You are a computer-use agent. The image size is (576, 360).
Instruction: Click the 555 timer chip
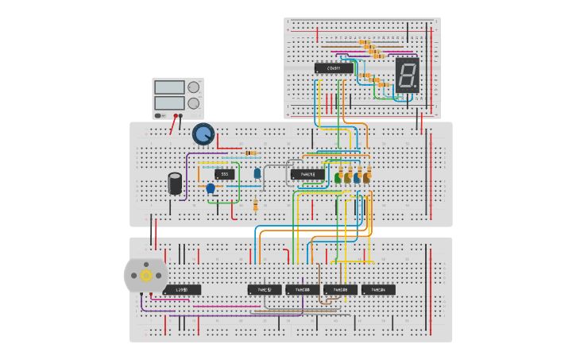(225, 174)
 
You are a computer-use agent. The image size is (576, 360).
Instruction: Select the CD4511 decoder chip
(334, 68)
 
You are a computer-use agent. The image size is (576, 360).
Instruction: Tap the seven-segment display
(407, 75)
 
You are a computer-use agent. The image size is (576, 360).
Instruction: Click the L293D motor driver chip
(182, 290)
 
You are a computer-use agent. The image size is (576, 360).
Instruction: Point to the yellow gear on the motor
(146, 275)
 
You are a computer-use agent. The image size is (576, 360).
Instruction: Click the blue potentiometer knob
(203, 134)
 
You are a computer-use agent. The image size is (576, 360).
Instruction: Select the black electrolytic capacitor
(175, 184)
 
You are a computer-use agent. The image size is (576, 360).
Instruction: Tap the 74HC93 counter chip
(307, 174)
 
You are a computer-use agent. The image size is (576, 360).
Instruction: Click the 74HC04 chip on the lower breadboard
(378, 290)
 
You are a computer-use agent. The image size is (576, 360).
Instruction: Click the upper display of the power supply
(170, 87)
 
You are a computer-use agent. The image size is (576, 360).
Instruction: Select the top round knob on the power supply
(194, 87)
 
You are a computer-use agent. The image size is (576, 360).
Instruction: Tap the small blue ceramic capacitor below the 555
(211, 188)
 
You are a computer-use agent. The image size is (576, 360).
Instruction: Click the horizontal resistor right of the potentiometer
(251, 153)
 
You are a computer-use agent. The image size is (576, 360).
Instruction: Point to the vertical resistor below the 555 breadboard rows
(255, 206)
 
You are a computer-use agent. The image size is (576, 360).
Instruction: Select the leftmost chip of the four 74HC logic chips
(265, 290)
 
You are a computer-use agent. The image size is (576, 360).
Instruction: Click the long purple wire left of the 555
(187, 175)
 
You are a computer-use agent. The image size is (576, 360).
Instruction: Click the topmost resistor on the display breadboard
(365, 42)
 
